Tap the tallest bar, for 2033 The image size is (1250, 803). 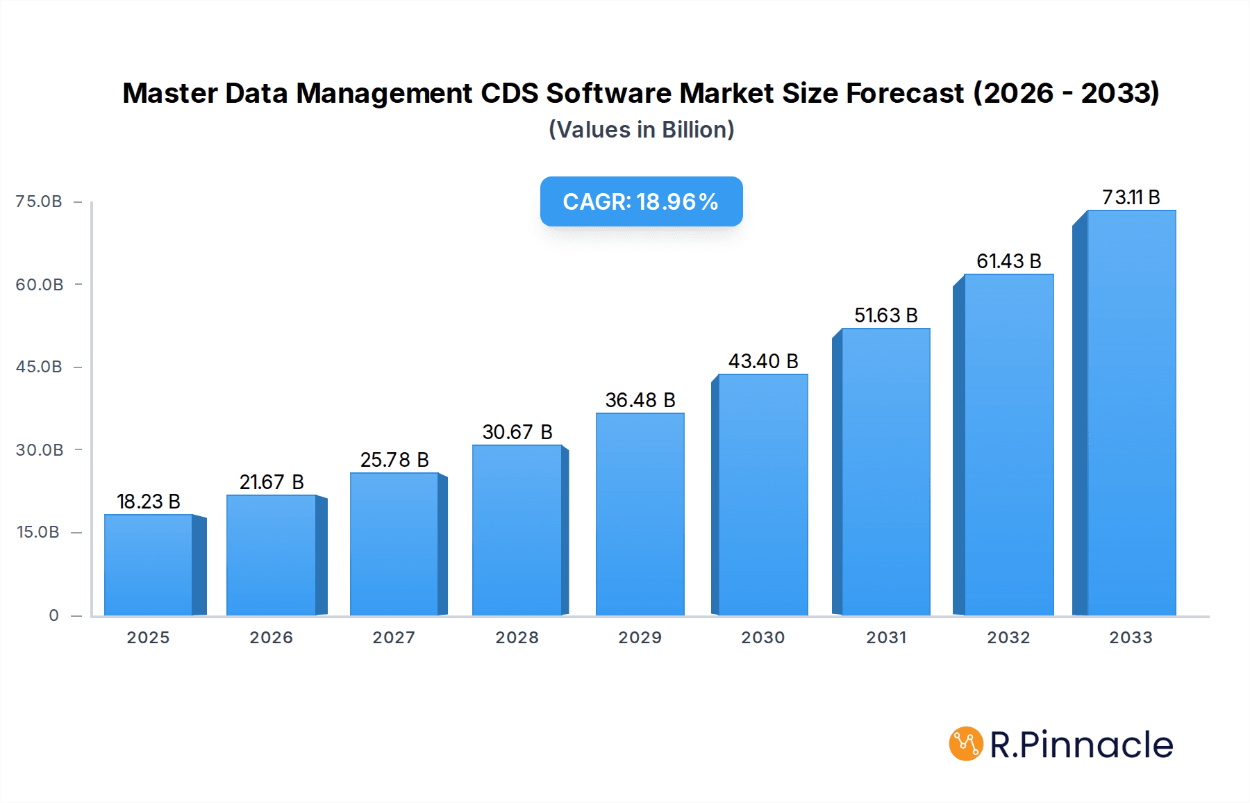point(1131,413)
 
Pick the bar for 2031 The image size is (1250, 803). point(885,472)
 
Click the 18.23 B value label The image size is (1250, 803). point(149,502)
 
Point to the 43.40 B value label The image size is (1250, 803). point(763,361)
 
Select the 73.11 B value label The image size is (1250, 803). point(1131,197)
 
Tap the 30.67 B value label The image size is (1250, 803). point(517,432)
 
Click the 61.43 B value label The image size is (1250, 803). point(1008,261)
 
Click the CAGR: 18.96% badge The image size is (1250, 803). point(641,201)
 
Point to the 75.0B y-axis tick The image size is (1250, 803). point(39,201)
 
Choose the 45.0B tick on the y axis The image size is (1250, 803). point(39,367)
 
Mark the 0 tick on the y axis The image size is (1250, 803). point(53,615)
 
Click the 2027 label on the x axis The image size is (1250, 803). point(394,638)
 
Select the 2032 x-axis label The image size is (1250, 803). point(1008,638)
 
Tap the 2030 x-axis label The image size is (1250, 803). point(762,638)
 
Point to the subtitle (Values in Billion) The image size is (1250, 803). point(641,130)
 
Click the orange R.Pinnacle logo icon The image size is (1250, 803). point(966,744)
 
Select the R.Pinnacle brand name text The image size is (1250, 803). point(1081,745)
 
